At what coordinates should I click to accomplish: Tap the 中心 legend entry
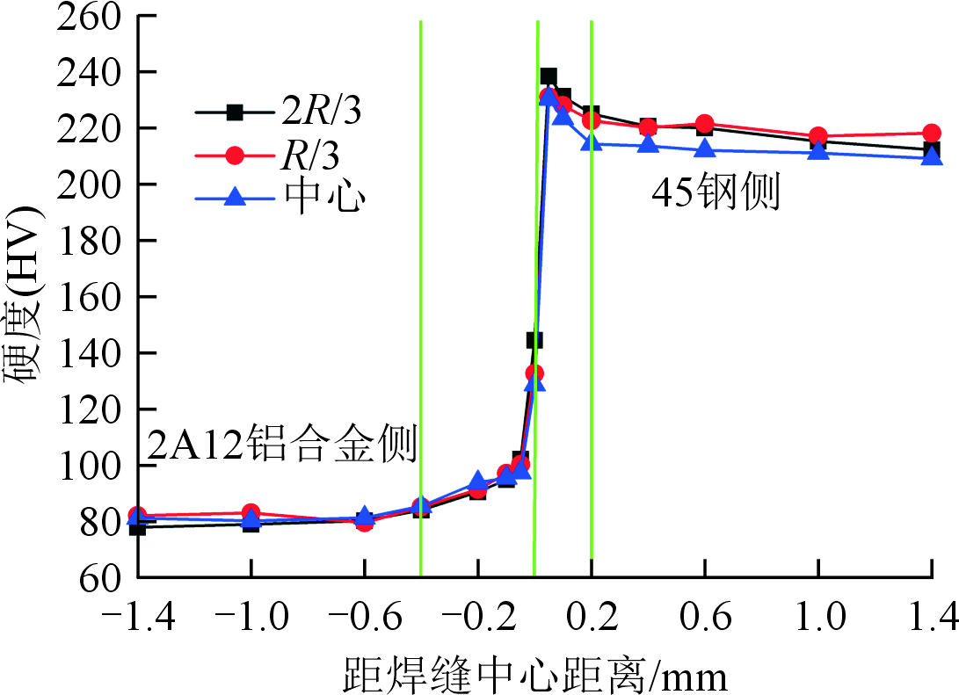pyautogui.click(x=280, y=199)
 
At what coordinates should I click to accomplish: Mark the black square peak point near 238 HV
pyautogui.click(x=549, y=76)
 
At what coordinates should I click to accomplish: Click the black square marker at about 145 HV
pyautogui.click(x=534, y=340)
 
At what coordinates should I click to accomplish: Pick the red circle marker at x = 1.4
pyautogui.click(x=932, y=134)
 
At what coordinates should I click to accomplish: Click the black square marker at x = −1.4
pyautogui.click(x=137, y=527)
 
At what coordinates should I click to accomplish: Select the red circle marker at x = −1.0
pyautogui.click(x=251, y=513)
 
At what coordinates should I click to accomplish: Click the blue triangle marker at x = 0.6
pyautogui.click(x=704, y=149)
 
